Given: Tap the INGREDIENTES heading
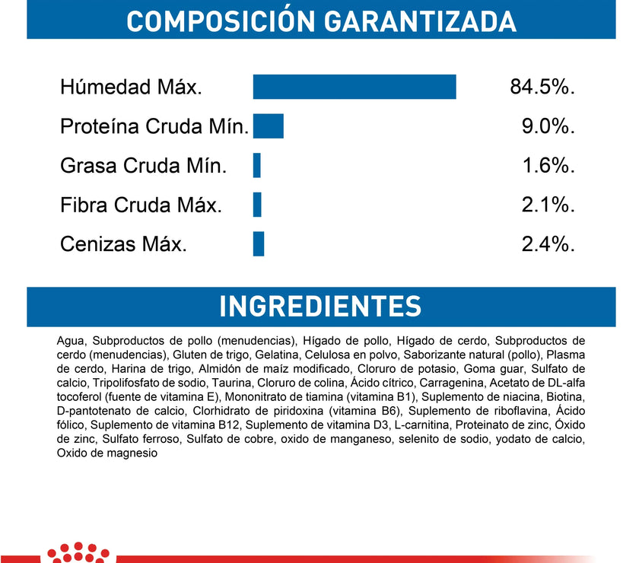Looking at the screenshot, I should pos(319,306).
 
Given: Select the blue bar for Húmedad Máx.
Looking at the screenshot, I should pos(354,87).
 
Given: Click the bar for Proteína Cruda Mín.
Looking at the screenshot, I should pos(268,126).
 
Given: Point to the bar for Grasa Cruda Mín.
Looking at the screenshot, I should pos(257,165).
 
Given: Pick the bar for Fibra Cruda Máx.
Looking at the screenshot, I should pos(257,205).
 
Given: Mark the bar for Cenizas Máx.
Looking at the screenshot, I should pos(258,244).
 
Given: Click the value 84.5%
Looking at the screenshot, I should pos(542,87).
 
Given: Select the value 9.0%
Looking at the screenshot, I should pos(548,126).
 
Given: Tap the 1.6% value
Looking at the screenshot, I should pos(548,166).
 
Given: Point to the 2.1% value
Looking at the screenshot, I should pos(548,205).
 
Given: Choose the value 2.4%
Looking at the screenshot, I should pos(548,245).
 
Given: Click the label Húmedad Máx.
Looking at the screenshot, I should pos(131,87).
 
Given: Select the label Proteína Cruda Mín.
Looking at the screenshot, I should pos(154,126).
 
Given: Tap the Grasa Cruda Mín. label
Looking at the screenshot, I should pos(143,166).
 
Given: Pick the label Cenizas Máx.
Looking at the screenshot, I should pos(123,245).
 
